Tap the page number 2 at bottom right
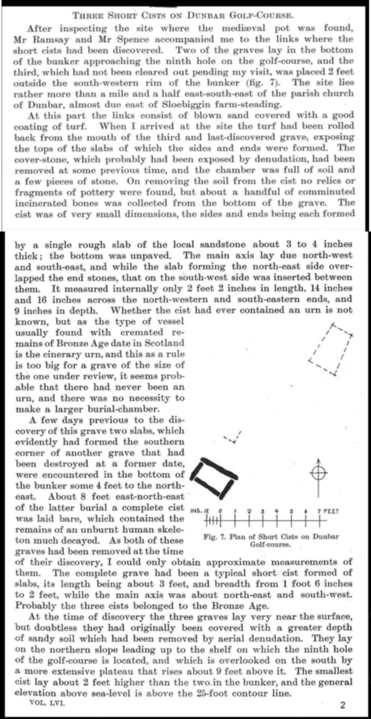(x=343, y=705)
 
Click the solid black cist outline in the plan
(x=213, y=476)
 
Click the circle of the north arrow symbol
(x=318, y=473)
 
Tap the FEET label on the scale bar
(x=331, y=511)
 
